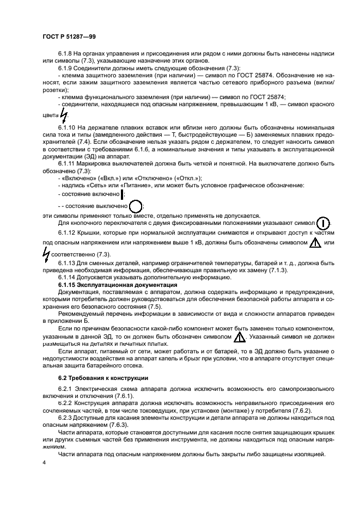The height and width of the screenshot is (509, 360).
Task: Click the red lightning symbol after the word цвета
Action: [x=64, y=115]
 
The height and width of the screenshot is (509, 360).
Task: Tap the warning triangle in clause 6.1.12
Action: [x=315, y=243]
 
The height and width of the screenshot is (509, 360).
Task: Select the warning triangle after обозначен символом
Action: [x=239, y=338]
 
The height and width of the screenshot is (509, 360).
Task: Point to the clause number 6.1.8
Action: [x=65, y=53]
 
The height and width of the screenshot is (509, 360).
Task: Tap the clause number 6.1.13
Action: [x=67, y=263]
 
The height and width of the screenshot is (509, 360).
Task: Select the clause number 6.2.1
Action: [x=65, y=390]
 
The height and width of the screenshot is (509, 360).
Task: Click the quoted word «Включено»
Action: [x=76, y=178]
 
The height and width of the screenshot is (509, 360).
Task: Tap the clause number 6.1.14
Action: [x=67, y=278]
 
